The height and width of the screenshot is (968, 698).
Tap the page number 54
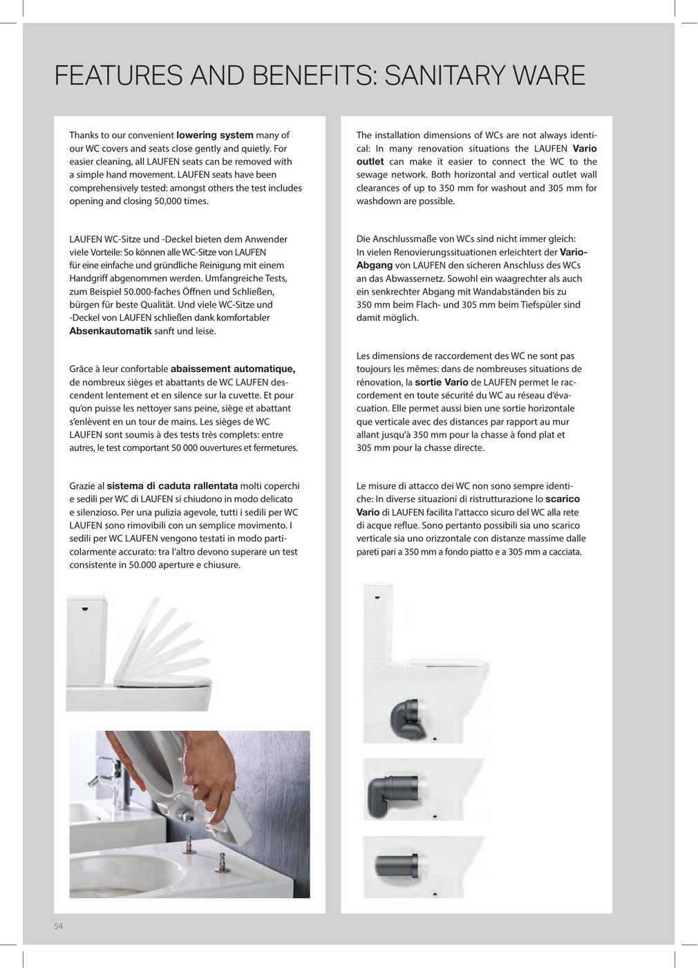tap(59, 927)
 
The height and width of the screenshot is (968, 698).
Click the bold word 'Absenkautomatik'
tap(111, 331)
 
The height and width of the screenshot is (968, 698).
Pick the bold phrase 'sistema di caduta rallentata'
tap(173, 485)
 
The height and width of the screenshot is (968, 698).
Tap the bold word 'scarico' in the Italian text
tap(563, 499)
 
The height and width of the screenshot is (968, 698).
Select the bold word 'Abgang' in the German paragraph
tap(373, 266)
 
